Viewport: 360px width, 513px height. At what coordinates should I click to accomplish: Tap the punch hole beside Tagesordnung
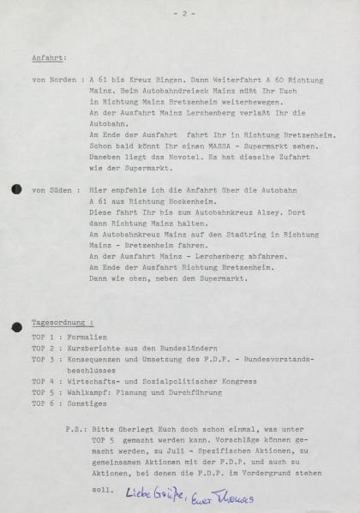point(15,327)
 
